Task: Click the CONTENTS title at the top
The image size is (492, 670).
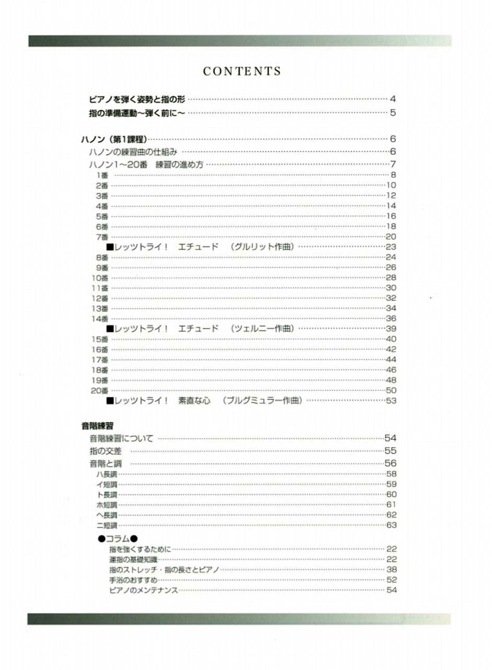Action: tap(242, 72)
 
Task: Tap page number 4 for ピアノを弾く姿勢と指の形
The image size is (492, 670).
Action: tap(392, 99)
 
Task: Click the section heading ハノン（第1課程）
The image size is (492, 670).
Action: tap(113, 139)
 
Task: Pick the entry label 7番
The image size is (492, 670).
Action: tap(102, 237)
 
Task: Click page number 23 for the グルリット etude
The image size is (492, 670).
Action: tap(391, 247)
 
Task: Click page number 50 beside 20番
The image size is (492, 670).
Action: tap(391, 390)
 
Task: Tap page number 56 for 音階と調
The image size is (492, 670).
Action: tap(391, 463)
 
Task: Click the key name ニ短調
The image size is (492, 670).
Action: tap(107, 525)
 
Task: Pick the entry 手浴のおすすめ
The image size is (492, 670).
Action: tap(133, 580)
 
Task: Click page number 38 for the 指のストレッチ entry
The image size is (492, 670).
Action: tap(392, 569)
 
